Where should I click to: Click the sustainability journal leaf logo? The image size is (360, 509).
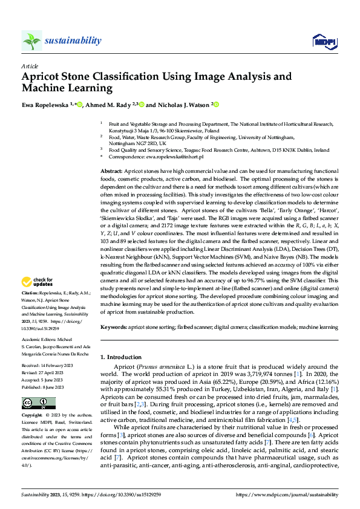tap(31, 41)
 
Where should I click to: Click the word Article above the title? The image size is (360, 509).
tap(30, 66)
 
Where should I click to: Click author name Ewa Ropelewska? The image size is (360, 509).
tap(45, 105)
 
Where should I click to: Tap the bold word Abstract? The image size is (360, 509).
tap(113, 172)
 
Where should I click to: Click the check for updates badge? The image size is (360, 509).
tap(38, 281)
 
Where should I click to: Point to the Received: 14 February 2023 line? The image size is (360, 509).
tap(48, 366)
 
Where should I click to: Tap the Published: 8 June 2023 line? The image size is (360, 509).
tap(46, 386)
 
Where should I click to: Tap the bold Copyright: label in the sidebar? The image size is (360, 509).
tap(33, 416)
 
